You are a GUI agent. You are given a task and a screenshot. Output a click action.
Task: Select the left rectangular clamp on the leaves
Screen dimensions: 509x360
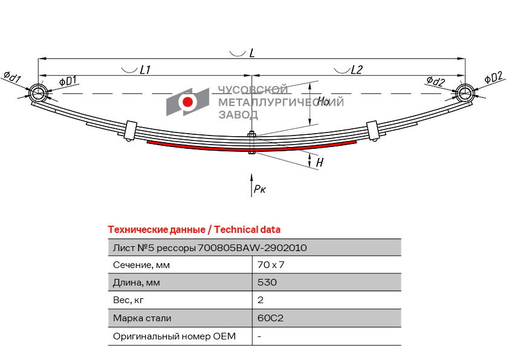(131, 130)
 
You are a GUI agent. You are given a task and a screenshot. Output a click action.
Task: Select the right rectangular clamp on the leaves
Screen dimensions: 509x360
(372, 130)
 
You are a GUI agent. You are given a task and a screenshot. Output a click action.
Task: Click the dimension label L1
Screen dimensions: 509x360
(144, 70)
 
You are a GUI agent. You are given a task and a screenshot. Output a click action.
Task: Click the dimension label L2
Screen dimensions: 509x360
(357, 70)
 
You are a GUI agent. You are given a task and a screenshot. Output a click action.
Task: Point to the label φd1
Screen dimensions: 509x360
(12, 77)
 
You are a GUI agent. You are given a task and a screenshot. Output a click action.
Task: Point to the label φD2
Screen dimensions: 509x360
(493, 77)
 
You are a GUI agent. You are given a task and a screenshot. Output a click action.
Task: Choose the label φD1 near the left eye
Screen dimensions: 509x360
(68, 80)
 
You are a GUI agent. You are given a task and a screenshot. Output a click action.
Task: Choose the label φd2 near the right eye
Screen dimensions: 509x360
(436, 80)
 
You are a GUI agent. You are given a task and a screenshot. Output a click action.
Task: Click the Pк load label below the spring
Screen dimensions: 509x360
(260, 189)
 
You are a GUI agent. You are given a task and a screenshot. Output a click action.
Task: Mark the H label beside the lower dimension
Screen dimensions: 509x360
(320, 162)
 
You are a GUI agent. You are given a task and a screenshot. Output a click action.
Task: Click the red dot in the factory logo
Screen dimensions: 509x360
(187, 102)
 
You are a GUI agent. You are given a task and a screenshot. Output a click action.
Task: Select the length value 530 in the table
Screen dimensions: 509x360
(267, 282)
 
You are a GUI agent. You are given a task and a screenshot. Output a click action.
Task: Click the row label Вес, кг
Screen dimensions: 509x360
(128, 300)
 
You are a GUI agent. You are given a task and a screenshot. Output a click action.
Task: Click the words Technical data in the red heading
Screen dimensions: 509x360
(247, 229)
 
